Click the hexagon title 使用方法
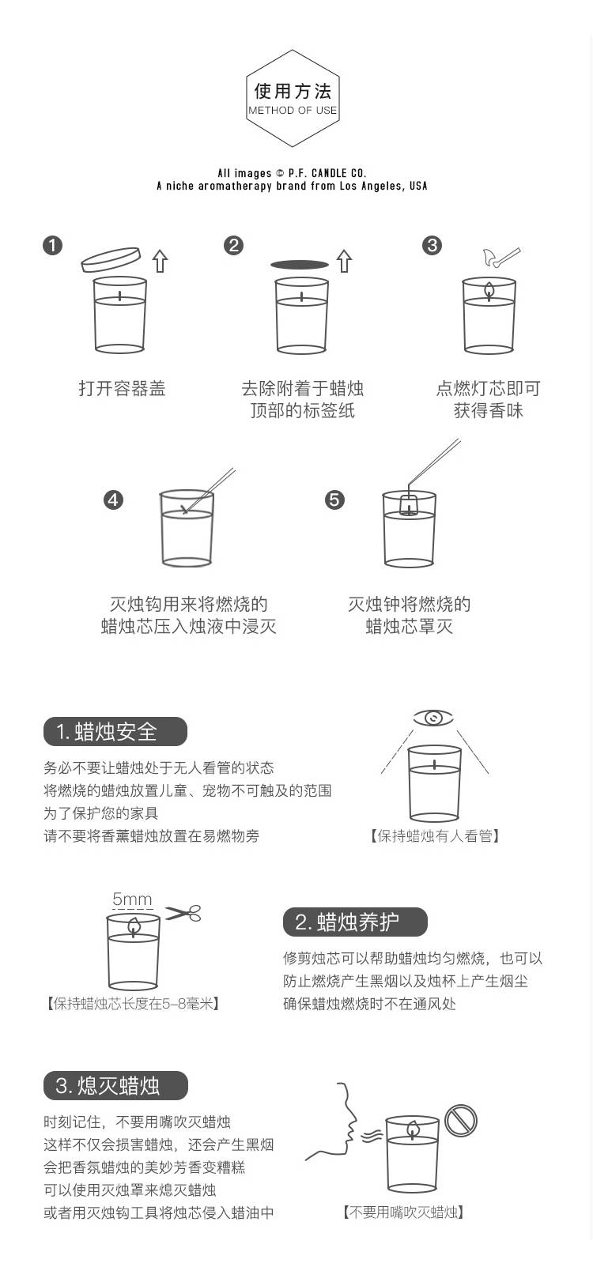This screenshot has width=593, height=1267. coord(293,90)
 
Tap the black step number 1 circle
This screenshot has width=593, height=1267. coord(53,246)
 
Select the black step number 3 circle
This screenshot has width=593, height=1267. coord(432,246)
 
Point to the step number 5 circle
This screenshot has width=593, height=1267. coord(334,500)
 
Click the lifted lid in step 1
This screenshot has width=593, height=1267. coord(111,259)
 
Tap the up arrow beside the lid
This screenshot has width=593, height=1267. coord(161,261)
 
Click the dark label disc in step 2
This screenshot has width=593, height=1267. coord(300,264)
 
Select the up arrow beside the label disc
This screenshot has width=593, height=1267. coord(344,261)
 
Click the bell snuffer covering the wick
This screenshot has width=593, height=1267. coord(407,503)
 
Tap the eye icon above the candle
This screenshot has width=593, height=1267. coord(433,718)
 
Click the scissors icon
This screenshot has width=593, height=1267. coord(183,913)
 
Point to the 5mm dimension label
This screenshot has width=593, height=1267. coord(132,899)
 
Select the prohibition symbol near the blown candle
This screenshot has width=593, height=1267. coord(461,1120)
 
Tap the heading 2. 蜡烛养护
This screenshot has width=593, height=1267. coord(355,922)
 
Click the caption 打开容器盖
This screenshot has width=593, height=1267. coord(122,389)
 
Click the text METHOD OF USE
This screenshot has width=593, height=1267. coord(293,111)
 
